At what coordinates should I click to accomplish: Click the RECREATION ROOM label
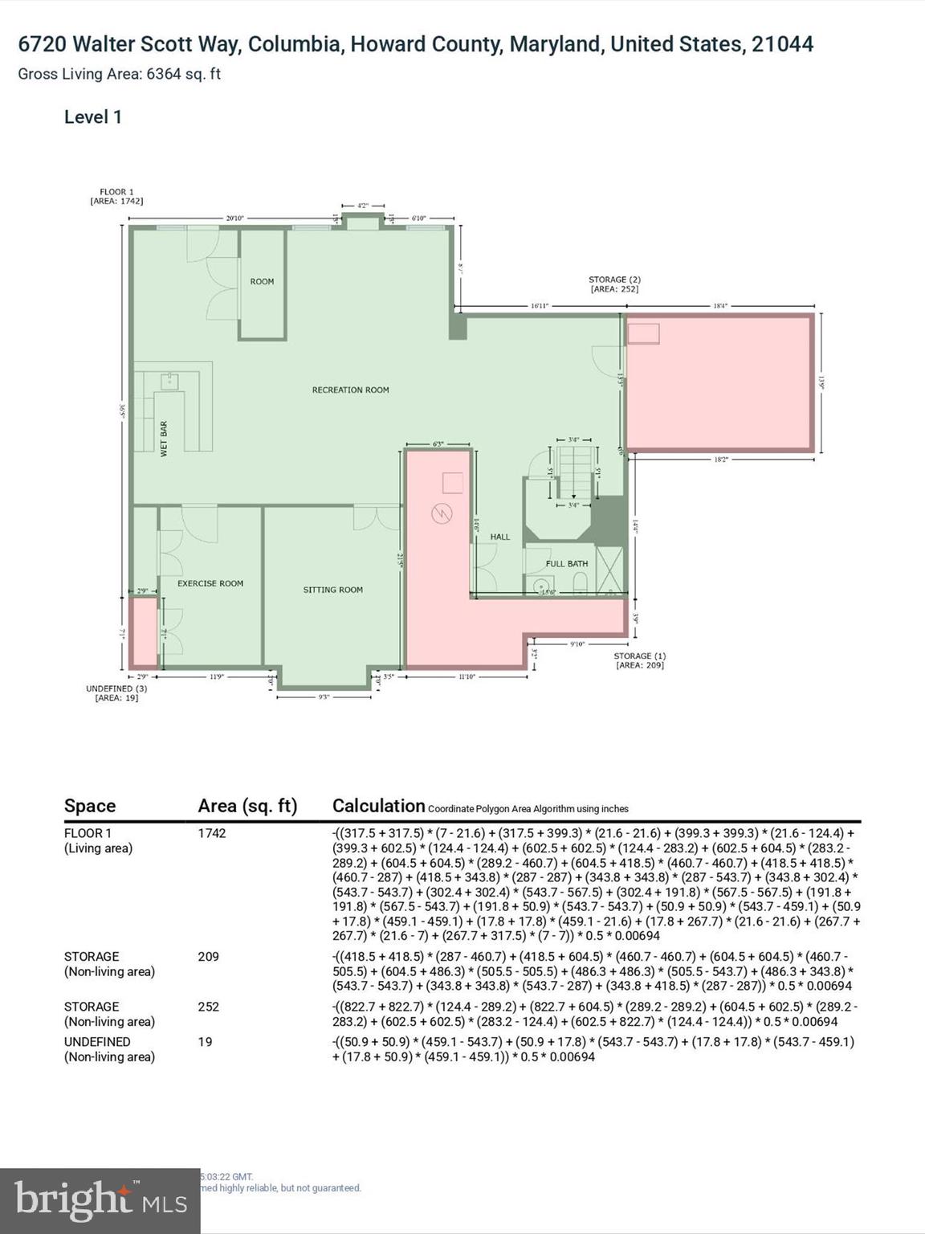[x=350, y=390]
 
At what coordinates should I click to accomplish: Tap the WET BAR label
[x=164, y=439]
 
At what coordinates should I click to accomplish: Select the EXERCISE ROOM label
[x=210, y=583]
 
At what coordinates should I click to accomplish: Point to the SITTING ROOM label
[x=332, y=590]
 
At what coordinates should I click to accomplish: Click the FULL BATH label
[x=567, y=564]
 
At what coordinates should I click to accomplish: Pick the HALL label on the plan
[x=500, y=537]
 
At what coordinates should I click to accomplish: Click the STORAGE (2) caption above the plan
[x=614, y=284]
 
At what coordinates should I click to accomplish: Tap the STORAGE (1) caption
[x=640, y=660]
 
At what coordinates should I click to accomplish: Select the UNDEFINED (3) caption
[x=116, y=693]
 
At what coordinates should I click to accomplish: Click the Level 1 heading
[x=93, y=117]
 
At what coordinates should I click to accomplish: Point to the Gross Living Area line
[x=119, y=74]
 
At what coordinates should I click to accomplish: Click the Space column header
[x=90, y=806]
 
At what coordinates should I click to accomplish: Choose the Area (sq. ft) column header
[x=247, y=806]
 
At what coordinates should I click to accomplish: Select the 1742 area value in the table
[x=212, y=833]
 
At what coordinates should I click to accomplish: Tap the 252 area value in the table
[x=208, y=1007]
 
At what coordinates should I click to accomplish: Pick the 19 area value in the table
[x=205, y=1042]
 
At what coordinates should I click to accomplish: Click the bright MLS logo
[x=100, y=1201]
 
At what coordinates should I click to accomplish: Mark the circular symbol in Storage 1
[x=441, y=513]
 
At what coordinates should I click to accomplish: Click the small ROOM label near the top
[x=262, y=281]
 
